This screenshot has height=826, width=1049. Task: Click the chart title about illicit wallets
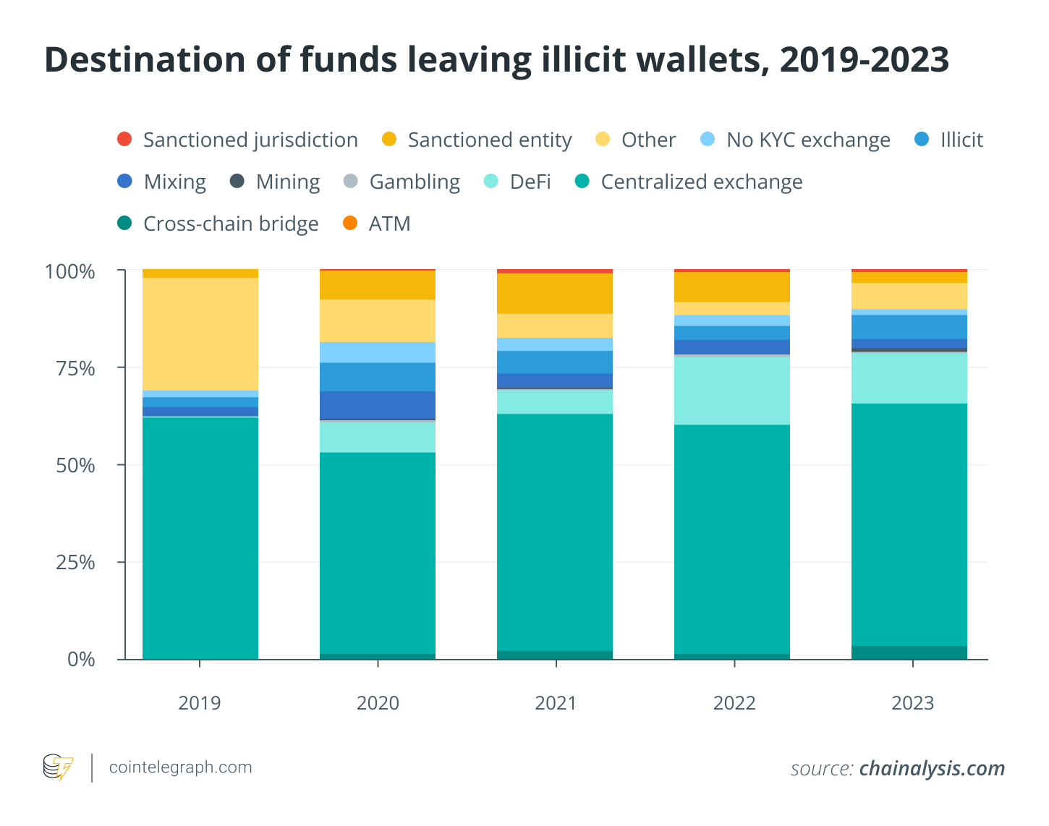tap(496, 60)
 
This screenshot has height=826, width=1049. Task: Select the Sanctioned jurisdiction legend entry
tap(237, 140)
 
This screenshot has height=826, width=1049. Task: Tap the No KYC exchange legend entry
tap(796, 140)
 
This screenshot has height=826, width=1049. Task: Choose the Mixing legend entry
tap(162, 182)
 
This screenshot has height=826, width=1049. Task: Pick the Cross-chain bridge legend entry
tap(218, 223)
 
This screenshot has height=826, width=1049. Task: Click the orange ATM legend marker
tap(350, 223)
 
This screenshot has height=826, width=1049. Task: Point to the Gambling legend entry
tap(402, 182)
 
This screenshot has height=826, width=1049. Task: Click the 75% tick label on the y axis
tap(75, 369)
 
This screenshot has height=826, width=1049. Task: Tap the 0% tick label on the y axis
tap(81, 660)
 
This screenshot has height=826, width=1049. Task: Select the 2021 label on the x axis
tap(556, 703)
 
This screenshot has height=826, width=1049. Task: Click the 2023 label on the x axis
tap(912, 703)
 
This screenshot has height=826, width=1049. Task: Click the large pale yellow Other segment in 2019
tap(200, 333)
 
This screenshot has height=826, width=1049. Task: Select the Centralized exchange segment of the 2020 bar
tap(378, 553)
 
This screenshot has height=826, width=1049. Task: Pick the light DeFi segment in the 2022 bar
tap(732, 391)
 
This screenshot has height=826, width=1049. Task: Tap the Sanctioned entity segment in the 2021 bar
tap(555, 294)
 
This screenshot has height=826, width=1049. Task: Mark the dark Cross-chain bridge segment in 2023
tap(909, 652)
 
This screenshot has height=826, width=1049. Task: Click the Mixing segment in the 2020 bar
tap(378, 405)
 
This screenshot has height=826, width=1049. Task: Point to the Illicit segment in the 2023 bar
tap(909, 327)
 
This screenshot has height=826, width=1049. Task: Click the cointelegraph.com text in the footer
tap(180, 767)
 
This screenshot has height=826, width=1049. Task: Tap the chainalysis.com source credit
tap(932, 768)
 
